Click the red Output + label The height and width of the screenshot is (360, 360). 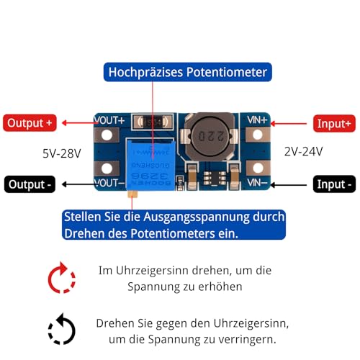(30, 123)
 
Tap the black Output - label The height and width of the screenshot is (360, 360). (30, 184)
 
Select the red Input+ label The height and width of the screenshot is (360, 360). (334, 124)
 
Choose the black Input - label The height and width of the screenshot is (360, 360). (334, 184)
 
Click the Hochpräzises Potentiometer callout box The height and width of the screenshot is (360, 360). (188, 72)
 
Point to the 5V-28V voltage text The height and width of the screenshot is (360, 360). (62, 153)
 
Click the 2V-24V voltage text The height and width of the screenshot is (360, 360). (304, 152)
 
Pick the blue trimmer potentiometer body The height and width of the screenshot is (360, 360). (150, 166)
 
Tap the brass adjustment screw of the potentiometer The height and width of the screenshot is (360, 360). (132, 194)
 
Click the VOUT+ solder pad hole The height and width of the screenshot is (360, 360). (107, 135)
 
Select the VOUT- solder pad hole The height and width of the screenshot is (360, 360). (107, 168)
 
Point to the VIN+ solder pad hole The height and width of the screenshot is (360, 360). (258, 135)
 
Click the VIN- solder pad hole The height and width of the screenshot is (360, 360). (258, 168)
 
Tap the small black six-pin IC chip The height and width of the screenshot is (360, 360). (215, 178)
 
